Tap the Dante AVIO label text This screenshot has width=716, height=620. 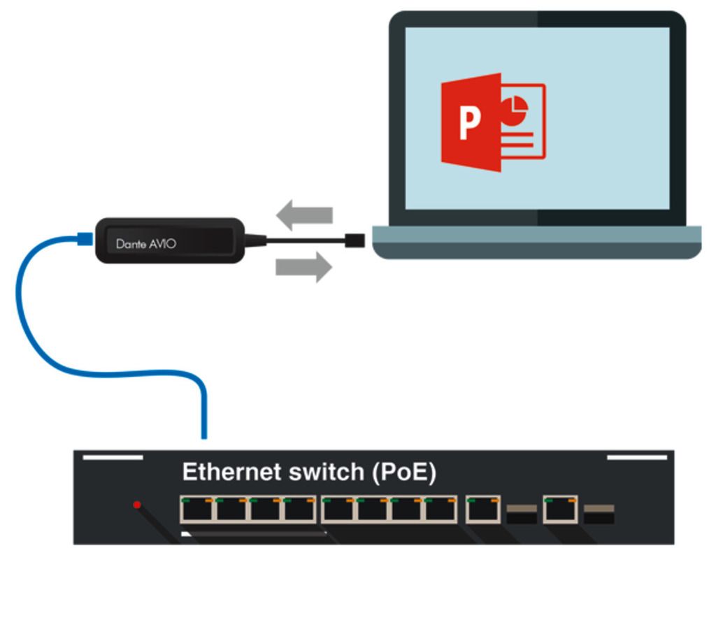pos(146,244)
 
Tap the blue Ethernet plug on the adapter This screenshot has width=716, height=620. pos(84,239)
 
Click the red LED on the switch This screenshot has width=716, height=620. pos(137,505)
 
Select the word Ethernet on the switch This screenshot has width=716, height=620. pos(231,473)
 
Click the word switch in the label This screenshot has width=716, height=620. pos(324,473)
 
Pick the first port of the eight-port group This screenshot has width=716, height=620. pos(196,510)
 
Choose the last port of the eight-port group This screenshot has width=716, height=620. pos(441,510)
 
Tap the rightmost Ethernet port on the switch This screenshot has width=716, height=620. pos(560,510)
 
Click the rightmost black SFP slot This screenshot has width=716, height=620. pos(599,514)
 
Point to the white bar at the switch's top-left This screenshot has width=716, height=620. pos(113,458)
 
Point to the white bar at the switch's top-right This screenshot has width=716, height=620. pos(636,458)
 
